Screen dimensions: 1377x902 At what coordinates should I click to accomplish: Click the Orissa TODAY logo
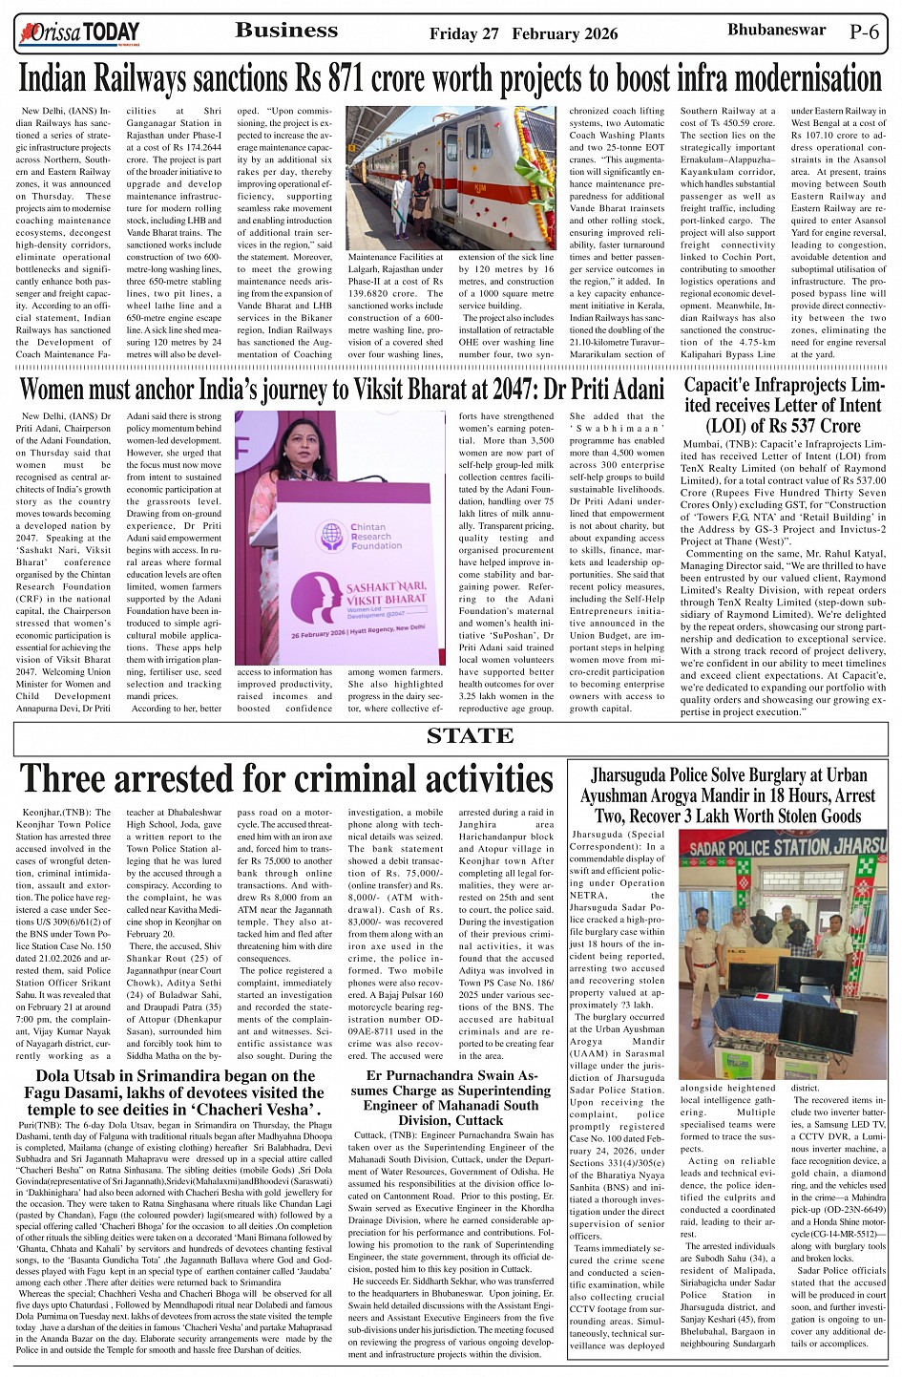click(79, 34)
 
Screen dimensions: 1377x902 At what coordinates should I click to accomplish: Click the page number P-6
click(864, 32)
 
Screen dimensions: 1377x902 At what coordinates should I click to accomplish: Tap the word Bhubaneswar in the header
click(776, 31)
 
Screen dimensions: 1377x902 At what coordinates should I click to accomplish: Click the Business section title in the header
click(286, 31)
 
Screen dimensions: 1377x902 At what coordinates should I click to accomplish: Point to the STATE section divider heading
click(470, 735)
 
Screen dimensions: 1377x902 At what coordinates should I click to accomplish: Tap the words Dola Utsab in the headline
click(73, 1076)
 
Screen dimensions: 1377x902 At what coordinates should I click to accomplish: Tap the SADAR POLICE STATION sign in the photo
click(783, 847)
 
